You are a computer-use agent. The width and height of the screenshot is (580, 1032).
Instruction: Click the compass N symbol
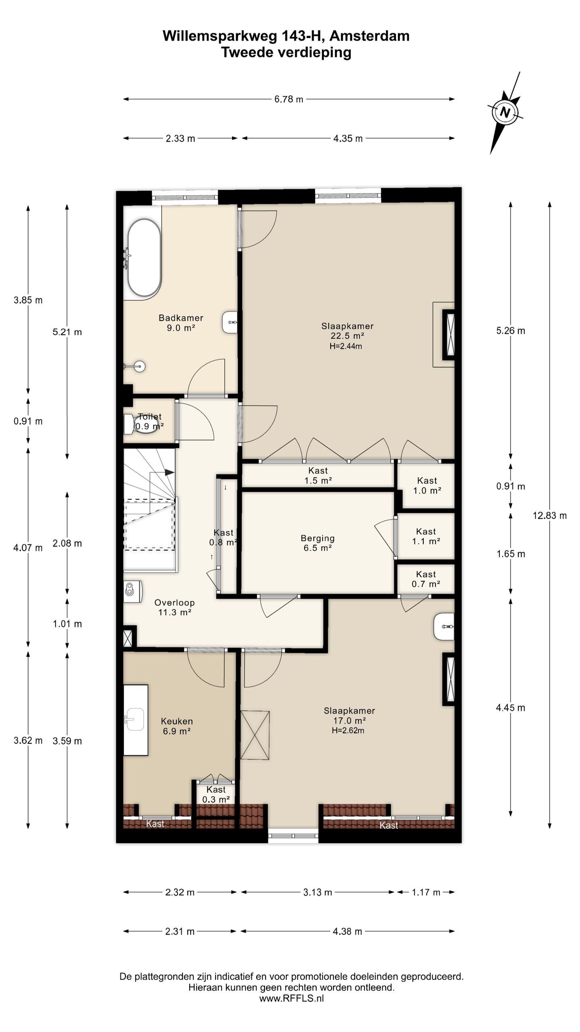[505, 112]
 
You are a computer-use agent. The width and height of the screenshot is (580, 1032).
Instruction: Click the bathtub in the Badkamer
[144, 258]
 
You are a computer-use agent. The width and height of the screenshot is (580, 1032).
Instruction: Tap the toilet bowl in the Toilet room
[141, 424]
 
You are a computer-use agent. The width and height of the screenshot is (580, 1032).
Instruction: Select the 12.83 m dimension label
[549, 515]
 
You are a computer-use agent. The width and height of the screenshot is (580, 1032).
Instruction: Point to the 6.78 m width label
[289, 99]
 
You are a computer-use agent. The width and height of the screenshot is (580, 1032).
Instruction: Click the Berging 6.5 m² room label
[317, 543]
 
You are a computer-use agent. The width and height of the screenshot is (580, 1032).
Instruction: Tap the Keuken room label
[177, 721]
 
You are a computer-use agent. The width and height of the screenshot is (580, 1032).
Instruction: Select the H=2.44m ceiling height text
[346, 346]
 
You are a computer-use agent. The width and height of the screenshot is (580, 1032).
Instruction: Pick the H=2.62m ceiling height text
[348, 730]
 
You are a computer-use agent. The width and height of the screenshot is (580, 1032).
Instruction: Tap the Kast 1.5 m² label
[318, 475]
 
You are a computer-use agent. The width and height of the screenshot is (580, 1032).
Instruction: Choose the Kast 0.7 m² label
[426, 579]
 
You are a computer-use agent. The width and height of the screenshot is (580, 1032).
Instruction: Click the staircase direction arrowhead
[170, 472]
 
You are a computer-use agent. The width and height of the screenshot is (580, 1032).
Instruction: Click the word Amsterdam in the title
[369, 36]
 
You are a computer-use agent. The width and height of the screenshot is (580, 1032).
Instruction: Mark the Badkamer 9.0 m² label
[181, 323]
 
